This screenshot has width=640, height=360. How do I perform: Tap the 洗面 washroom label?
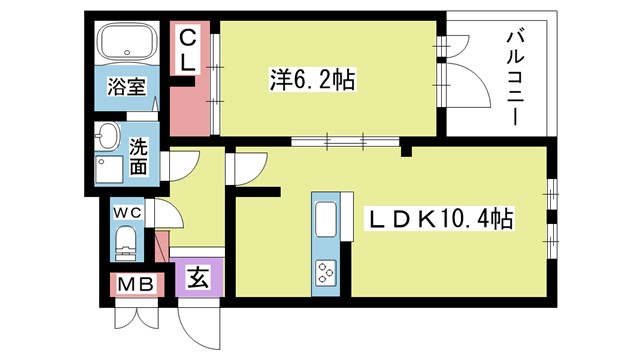pyautogui.click(x=139, y=154)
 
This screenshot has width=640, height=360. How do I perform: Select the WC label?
pyautogui.click(x=128, y=213)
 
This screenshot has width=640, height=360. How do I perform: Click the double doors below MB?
pyautogui.click(x=134, y=315)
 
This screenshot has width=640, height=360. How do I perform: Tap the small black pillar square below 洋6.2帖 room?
pyautogui.click(x=406, y=152)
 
